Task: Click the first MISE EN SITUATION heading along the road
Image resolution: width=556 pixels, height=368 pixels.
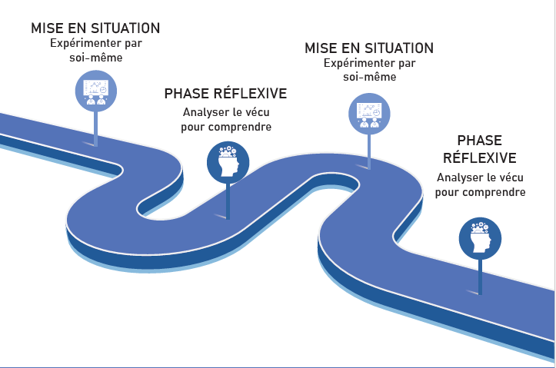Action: [x=95, y=28]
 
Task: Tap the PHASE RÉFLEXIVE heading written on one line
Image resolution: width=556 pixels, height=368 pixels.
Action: [x=225, y=94]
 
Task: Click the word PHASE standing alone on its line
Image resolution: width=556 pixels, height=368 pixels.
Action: [x=479, y=141]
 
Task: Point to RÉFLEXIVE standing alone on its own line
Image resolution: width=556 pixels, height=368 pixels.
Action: [x=479, y=157]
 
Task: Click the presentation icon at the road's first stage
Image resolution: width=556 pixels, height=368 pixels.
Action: [x=96, y=91]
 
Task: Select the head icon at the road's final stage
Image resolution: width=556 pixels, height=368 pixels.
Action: [x=480, y=238]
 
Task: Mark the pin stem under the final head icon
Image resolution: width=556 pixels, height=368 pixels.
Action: [x=480, y=277]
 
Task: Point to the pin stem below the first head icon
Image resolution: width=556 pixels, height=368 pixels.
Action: [x=228, y=201]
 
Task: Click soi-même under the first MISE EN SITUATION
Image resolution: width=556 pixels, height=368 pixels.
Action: [x=95, y=57]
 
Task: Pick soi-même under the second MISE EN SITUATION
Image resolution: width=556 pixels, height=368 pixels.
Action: [x=369, y=77]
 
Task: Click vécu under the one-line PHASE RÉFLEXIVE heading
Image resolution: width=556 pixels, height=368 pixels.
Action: [x=255, y=112]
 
